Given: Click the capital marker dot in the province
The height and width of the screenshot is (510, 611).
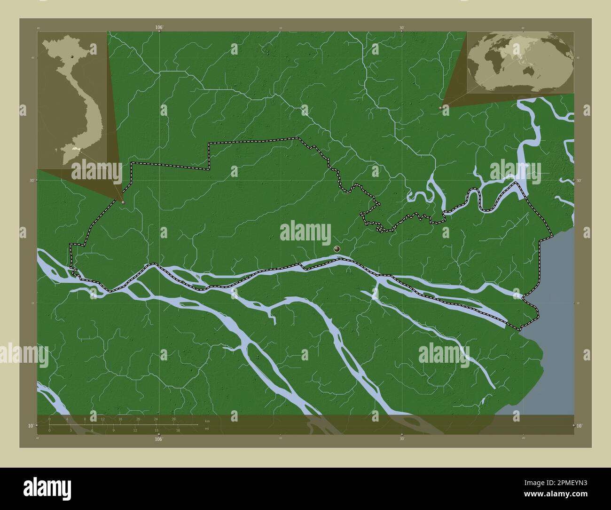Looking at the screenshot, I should click(x=337, y=248).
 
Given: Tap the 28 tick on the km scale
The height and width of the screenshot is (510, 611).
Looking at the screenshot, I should click(x=173, y=419).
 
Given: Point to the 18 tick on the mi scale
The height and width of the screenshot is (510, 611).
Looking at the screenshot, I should click(x=178, y=430).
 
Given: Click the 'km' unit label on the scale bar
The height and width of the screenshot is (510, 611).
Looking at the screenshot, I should click(x=207, y=421).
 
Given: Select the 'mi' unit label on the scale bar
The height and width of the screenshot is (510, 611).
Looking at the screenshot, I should click(x=207, y=429).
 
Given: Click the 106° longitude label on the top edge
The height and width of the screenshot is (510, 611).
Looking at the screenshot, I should click(x=159, y=28).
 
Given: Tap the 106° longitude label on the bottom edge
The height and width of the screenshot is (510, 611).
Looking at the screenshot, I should click(x=159, y=439).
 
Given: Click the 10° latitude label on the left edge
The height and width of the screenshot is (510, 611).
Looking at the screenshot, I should click(x=29, y=426).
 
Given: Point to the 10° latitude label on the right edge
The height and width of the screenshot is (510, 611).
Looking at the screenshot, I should click(x=580, y=426).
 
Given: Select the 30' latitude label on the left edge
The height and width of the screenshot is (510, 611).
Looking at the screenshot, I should click(x=32, y=180).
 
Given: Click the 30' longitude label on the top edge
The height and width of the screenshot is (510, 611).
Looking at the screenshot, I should click(x=402, y=28).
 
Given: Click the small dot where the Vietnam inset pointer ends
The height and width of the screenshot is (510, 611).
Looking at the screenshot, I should click(x=123, y=202).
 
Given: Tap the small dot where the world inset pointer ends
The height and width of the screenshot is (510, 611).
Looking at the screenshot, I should click(x=440, y=108).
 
